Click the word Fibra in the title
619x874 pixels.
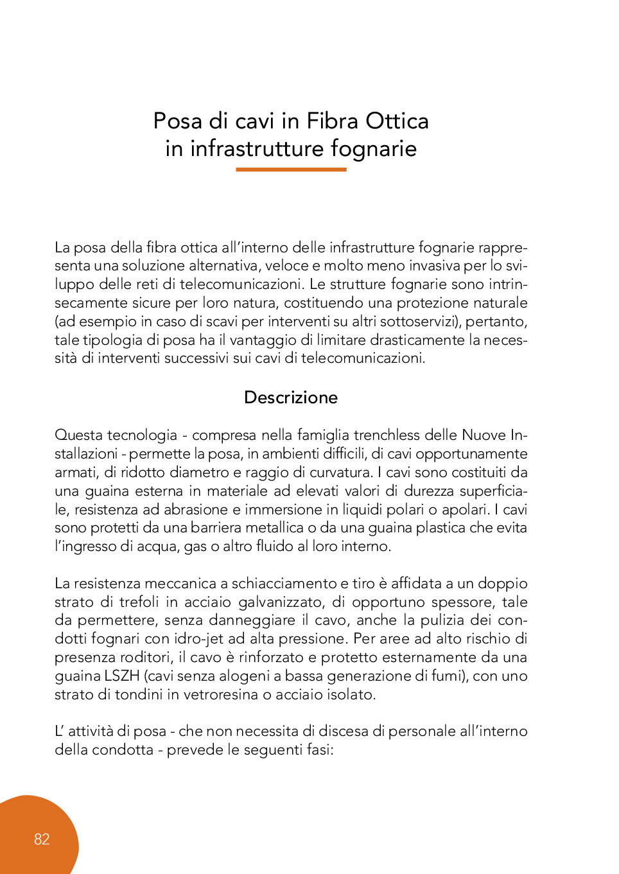pos(333,121)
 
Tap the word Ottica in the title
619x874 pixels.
pos(397,121)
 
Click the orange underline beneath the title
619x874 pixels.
pos(291,170)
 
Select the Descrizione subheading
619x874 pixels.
pos(291,398)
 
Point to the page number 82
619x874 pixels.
pos(42,839)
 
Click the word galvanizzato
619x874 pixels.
pos(281,602)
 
